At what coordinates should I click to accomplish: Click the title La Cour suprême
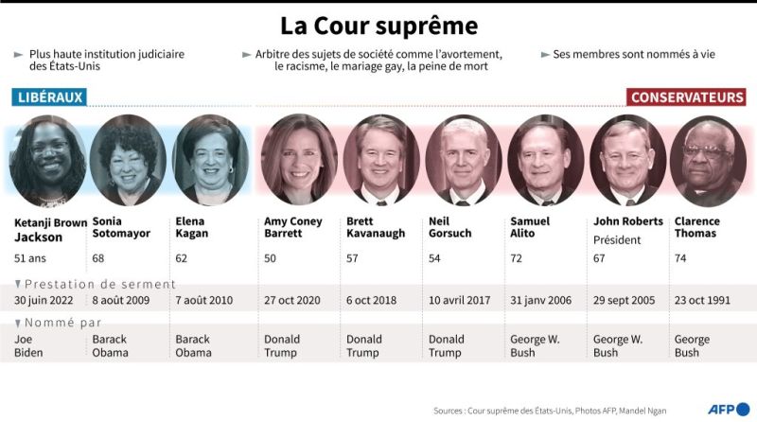click(x=379, y=26)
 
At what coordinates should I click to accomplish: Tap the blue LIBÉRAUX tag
click(x=49, y=97)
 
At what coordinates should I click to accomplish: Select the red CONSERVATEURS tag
click(x=687, y=97)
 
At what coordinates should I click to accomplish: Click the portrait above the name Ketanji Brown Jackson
click(x=47, y=161)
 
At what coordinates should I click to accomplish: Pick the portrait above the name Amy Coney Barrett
click(x=299, y=159)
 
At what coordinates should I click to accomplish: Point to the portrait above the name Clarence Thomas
click(x=708, y=161)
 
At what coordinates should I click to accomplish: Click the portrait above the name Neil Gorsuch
click(x=464, y=160)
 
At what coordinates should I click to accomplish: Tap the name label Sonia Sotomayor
click(x=121, y=227)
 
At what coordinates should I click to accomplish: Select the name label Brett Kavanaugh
click(x=376, y=227)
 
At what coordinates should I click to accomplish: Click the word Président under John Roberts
click(x=617, y=240)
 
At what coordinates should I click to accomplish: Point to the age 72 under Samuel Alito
click(x=516, y=258)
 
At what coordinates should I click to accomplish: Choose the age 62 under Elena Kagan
click(x=181, y=258)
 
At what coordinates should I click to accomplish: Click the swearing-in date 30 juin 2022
click(x=44, y=300)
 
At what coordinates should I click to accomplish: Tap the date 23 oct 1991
click(x=702, y=300)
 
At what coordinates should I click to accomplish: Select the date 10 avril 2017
click(x=459, y=300)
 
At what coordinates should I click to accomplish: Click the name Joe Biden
click(x=28, y=345)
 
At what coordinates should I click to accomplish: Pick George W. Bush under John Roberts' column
click(x=618, y=345)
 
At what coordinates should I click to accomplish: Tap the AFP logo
click(x=729, y=410)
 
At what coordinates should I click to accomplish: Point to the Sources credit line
click(x=550, y=411)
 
